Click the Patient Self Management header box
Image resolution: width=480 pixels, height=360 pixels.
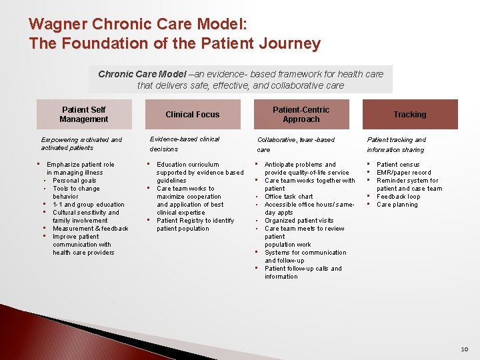[x=83, y=114]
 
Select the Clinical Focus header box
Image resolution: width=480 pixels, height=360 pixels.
[x=192, y=114]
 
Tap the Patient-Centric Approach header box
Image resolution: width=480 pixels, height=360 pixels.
[x=301, y=114]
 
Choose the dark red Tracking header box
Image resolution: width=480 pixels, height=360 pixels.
[x=409, y=114]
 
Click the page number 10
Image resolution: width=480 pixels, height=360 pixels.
[x=464, y=349]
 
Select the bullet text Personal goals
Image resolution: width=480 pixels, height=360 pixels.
[x=75, y=181]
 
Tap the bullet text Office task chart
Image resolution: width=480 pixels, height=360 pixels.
[x=289, y=197]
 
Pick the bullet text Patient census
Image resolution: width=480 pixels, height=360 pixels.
[x=398, y=165]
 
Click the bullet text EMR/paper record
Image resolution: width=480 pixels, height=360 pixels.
[x=404, y=173]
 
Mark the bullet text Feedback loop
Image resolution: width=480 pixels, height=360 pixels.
[x=399, y=197]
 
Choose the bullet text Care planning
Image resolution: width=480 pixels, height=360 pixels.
[x=397, y=205]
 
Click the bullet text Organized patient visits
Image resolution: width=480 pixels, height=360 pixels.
[x=299, y=221]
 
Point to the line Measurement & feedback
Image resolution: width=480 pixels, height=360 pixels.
[x=91, y=229]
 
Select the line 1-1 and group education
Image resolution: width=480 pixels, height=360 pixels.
[x=89, y=205]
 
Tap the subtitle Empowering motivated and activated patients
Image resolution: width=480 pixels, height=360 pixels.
[x=81, y=143]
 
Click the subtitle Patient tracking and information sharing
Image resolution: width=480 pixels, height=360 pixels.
[x=396, y=145]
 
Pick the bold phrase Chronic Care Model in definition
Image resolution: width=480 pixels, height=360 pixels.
[x=142, y=74]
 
